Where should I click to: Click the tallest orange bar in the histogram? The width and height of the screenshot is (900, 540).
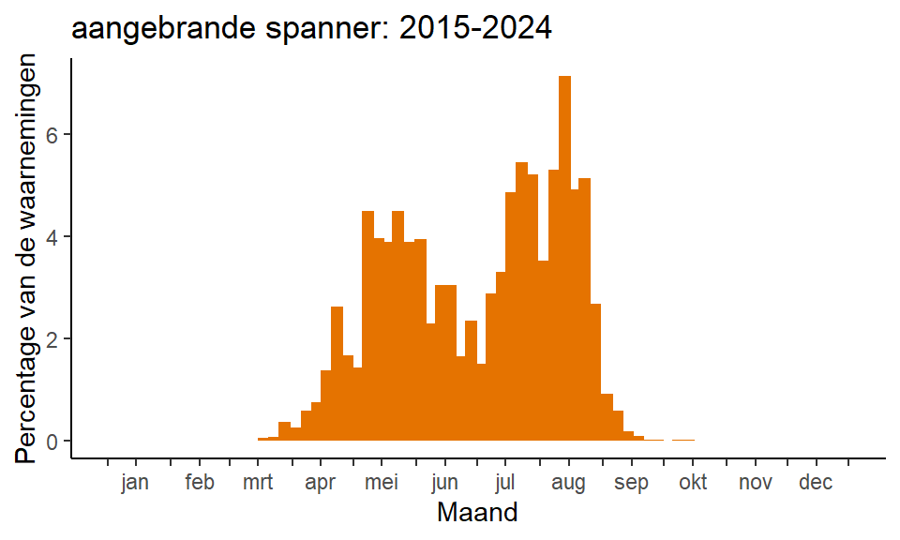(x=564, y=258)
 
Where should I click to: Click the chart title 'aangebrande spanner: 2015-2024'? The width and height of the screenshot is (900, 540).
(x=311, y=27)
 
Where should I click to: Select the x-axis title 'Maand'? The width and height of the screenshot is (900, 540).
(x=477, y=512)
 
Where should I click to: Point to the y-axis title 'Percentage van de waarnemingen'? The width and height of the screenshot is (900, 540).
(x=26, y=258)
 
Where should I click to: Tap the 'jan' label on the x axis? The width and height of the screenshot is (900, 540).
(x=135, y=482)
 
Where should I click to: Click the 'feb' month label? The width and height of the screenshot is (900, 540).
(x=200, y=482)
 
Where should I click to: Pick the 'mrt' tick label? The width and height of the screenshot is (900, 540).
(x=258, y=482)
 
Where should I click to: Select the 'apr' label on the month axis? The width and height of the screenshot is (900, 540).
(x=321, y=483)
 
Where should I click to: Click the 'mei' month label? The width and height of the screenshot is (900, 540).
(x=382, y=482)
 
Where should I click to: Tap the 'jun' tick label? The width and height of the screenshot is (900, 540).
(x=444, y=482)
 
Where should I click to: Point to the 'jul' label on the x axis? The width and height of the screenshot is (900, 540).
(x=505, y=482)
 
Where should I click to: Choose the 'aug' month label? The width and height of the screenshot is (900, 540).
(x=568, y=483)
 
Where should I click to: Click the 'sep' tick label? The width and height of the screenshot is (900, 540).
(x=631, y=483)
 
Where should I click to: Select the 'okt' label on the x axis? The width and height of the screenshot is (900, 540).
(x=693, y=482)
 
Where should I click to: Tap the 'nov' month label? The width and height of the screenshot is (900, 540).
(x=756, y=483)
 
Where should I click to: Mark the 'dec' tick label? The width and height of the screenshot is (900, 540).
(x=816, y=482)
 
